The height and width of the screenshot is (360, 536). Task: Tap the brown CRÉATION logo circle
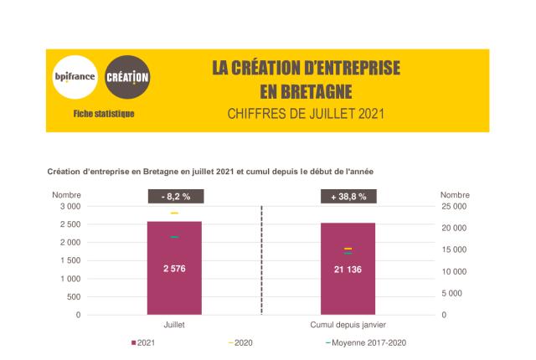[x=128, y=78]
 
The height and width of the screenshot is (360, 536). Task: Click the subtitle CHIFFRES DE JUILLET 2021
[x=306, y=113]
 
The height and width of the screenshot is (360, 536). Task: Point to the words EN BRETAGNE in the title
[x=306, y=90]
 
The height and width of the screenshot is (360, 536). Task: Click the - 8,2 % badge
[x=174, y=197]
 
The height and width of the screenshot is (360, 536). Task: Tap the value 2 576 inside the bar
[x=174, y=268]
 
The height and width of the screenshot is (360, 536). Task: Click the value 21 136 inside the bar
[x=348, y=269]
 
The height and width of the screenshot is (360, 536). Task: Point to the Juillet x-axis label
[x=174, y=324]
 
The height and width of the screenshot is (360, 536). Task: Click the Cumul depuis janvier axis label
[x=348, y=324]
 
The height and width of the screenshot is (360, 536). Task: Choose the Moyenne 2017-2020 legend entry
[x=368, y=342]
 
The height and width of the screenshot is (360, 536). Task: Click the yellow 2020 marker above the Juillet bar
[x=174, y=213]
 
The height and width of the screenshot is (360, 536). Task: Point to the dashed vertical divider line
[x=261, y=260]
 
